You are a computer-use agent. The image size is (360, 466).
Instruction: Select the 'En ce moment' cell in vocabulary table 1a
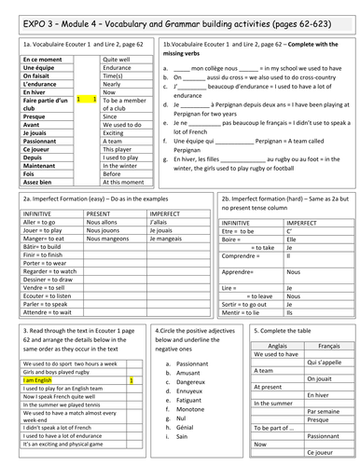tap(36, 59)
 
